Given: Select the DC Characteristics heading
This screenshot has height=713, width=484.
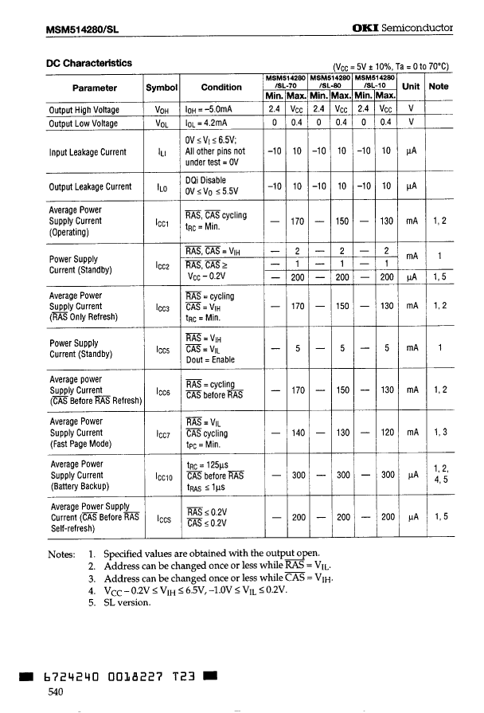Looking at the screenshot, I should [88, 62].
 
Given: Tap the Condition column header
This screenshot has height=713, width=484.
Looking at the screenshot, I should [221, 88].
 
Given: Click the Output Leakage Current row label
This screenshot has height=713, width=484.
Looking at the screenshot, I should [90, 187].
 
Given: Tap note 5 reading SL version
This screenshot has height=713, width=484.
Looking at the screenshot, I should [121, 602].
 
